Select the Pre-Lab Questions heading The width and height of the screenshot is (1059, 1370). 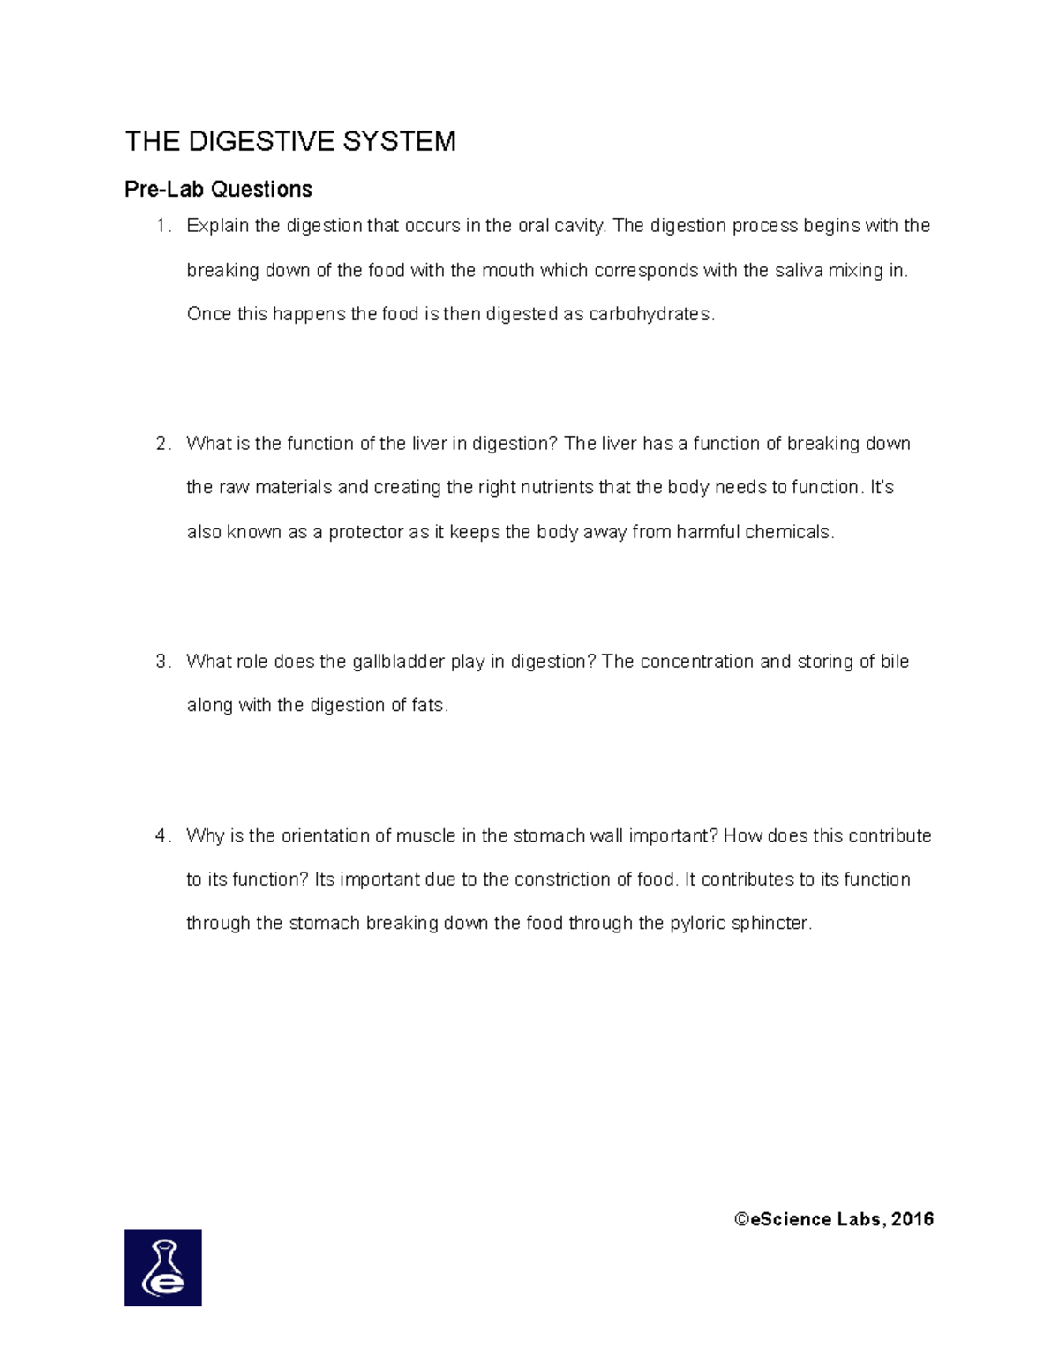(218, 190)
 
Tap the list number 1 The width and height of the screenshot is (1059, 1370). (161, 226)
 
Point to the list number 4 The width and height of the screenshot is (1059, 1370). (161, 835)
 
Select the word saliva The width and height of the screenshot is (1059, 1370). (799, 270)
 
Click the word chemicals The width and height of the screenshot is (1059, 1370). (788, 532)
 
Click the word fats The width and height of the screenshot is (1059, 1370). (429, 706)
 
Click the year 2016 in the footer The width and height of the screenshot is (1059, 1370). (913, 1219)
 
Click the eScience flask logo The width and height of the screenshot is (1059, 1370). (163, 1268)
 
